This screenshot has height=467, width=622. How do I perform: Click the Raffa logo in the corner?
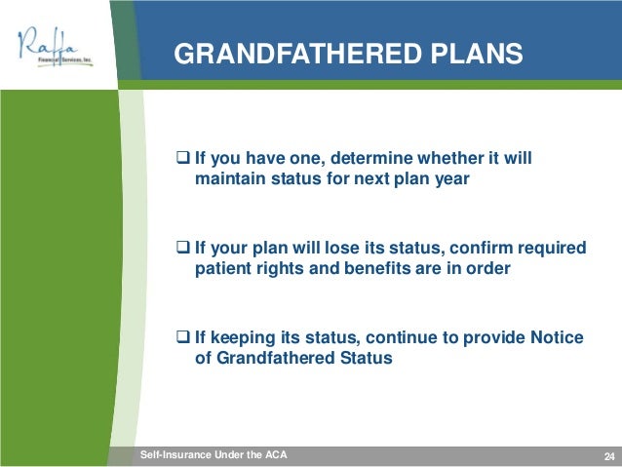click(x=56, y=47)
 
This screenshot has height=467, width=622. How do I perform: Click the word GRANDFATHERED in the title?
click(x=297, y=54)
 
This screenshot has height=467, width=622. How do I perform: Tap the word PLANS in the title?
click(x=477, y=54)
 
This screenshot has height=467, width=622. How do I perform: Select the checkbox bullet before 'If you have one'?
click(x=182, y=158)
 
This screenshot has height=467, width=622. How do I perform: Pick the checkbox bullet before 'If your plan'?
click(x=182, y=248)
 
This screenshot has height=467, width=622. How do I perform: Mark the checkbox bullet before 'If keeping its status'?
click(x=182, y=337)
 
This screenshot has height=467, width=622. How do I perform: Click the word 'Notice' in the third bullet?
click(x=557, y=337)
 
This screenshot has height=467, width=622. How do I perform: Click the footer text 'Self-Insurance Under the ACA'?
click(x=214, y=454)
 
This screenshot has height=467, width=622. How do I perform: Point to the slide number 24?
click(x=609, y=456)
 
